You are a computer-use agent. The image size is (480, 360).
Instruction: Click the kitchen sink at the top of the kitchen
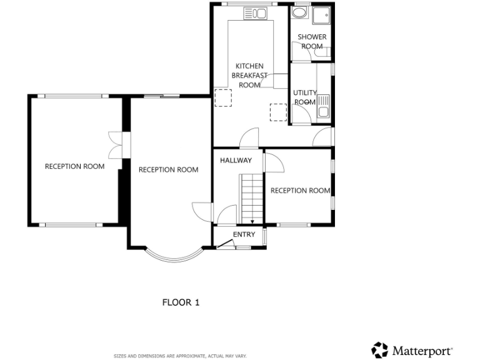tap(255, 12)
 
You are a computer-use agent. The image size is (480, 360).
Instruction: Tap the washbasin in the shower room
tap(299, 13)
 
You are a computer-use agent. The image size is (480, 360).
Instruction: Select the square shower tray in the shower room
tap(322, 16)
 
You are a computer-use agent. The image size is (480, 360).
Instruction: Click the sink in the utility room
tap(323, 112)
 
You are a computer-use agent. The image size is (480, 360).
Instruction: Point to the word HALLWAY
tap(236, 161)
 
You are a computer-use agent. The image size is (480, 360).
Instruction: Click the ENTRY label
tap(244, 234)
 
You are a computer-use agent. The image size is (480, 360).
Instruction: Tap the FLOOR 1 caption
tap(181, 302)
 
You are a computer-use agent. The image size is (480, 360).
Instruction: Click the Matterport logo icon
tap(380, 349)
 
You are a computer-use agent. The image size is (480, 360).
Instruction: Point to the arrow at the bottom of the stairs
tap(252, 220)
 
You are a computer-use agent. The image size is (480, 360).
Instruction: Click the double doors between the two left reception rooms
tap(114, 146)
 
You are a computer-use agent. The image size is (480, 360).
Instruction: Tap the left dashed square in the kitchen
tap(222, 98)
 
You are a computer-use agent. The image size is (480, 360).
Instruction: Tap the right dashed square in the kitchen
tap(278, 111)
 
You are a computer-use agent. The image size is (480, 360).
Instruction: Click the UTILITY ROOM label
tap(305, 97)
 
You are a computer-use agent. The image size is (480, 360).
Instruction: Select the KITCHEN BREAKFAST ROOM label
tap(249, 75)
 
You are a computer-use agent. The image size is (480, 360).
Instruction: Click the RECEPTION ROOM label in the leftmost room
tap(74, 166)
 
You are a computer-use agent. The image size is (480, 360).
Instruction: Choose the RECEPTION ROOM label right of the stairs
tap(300, 191)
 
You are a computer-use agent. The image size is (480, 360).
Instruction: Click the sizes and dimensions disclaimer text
tap(180, 356)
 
